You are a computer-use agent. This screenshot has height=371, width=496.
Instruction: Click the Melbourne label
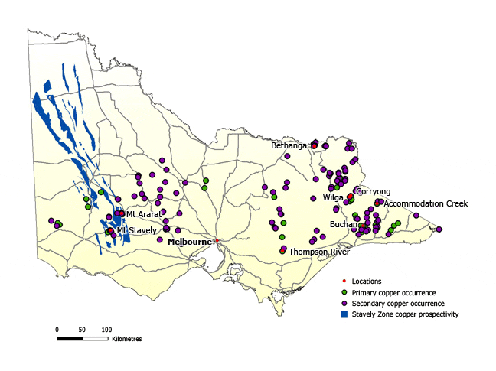click(189, 241)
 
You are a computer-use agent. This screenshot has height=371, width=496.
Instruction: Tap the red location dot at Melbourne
click(217, 242)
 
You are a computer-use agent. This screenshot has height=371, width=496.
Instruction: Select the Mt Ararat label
click(143, 214)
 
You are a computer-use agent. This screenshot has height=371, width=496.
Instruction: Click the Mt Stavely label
click(137, 230)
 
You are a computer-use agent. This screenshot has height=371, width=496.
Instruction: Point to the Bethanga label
click(289, 145)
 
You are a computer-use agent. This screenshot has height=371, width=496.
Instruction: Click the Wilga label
click(333, 197)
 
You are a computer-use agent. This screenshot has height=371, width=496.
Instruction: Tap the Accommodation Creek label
click(426, 203)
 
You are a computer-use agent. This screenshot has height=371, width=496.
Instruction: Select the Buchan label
click(343, 224)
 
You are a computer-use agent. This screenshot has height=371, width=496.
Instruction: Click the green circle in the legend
click(344, 292)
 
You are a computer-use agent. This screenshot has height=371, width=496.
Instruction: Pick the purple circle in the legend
click(344, 303)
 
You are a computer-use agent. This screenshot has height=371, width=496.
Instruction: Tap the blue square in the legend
click(344, 314)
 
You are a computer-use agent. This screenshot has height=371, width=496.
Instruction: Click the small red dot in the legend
click(344, 282)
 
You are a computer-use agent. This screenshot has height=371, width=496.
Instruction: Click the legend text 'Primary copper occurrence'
click(393, 293)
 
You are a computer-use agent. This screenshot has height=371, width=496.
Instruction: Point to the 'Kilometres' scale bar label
click(127, 338)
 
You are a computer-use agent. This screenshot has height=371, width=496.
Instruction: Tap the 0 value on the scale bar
click(57, 329)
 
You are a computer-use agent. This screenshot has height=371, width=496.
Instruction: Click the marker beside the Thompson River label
click(283, 249)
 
